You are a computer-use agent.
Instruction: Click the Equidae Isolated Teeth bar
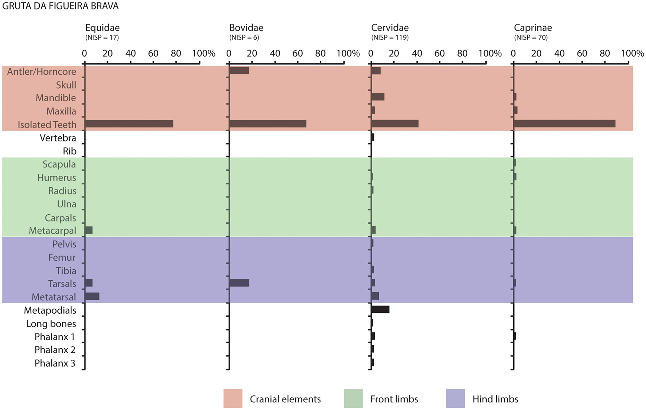pos(129,124)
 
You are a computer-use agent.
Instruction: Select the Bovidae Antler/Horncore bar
pos(239,71)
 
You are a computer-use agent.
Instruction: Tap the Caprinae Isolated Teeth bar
pos(564,124)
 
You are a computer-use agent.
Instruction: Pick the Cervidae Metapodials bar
pos(380,309)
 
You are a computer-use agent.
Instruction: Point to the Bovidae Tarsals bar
pos(239,283)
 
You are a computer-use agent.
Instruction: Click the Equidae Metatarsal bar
pos(92,296)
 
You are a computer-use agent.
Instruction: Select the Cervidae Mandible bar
pos(378,97)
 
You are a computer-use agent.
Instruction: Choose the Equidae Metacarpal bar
pos(89,230)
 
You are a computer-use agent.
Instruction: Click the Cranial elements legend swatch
pos(233,398)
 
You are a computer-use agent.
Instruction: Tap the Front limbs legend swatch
pos(353,398)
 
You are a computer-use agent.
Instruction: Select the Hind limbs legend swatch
pos(455,398)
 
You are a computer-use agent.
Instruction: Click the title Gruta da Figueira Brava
pos(61,6)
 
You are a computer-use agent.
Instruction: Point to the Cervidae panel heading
pos(390,28)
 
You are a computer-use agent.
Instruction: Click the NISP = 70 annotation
pos(531,38)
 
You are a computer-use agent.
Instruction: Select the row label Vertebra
pos(58,138)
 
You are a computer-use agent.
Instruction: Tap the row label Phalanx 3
pos(55,363)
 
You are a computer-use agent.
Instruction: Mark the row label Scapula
pos(59,164)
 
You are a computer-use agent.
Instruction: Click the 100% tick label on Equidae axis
pos(204,54)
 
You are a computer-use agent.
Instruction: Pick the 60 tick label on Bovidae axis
pos(298,54)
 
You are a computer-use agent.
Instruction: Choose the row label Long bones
pos(51,324)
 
